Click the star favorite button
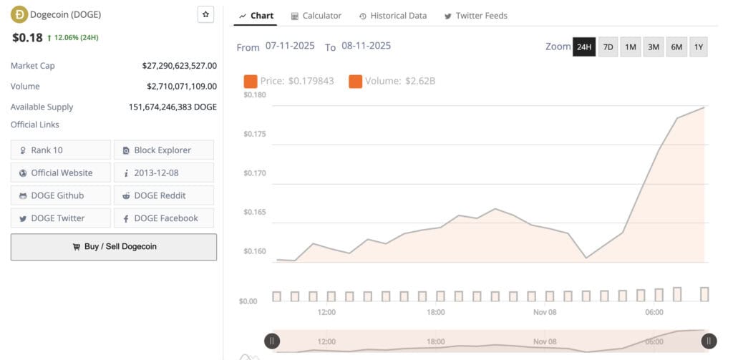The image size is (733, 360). click(x=206, y=14)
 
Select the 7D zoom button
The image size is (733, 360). click(x=608, y=47)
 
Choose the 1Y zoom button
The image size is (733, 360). click(x=699, y=47)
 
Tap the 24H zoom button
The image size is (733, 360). click(x=584, y=47)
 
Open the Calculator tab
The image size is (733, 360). click(x=316, y=16)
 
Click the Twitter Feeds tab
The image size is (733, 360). click(x=475, y=16)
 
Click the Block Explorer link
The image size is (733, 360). click(x=163, y=150)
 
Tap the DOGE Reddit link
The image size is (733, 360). click(x=163, y=195)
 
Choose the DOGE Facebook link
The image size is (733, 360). click(x=163, y=218)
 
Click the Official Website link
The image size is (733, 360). click(x=62, y=172)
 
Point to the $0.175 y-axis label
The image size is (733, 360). click(x=256, y=134)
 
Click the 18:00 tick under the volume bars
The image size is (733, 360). click(x=435, y=312)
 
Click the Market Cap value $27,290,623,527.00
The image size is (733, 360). click(x=179, y=66)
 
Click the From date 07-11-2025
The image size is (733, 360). click(x=290, y=46)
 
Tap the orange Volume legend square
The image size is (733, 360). click(x=355, y=81)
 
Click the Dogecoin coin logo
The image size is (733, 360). click(x=19, y=14)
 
